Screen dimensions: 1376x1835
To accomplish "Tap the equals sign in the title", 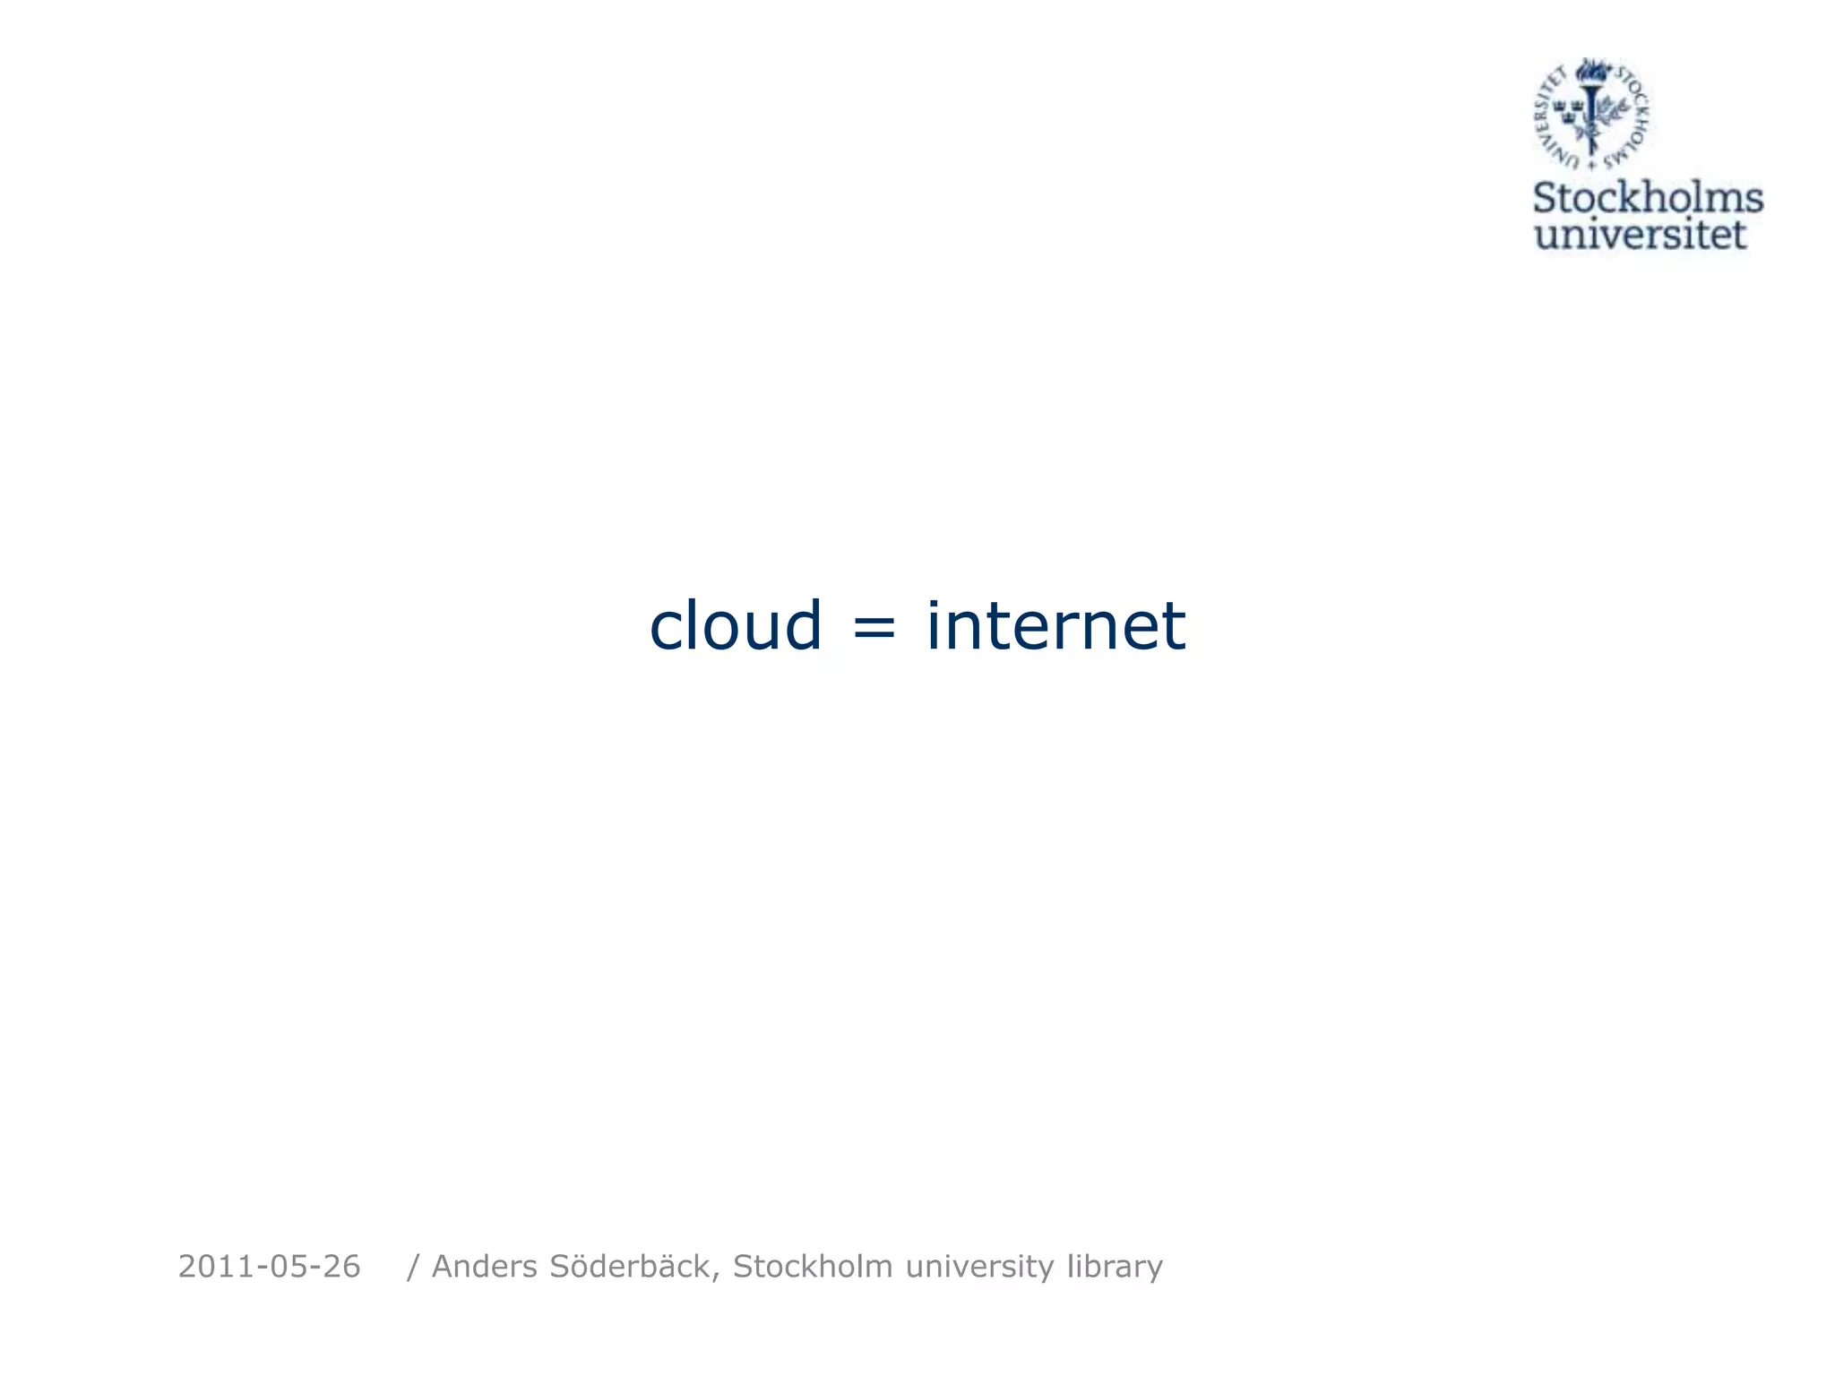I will point(874,626).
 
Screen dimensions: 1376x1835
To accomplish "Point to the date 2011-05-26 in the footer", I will point(269,1267).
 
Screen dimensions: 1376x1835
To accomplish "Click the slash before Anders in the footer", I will point(413,1268).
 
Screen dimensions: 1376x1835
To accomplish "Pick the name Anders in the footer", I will point(485,1267).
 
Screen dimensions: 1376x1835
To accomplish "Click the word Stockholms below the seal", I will point(1648,198).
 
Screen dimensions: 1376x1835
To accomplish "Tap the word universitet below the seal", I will point(1641,235).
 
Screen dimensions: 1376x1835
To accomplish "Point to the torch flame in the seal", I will point(1592,70).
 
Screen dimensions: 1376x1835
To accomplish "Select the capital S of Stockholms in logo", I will point(1547,198).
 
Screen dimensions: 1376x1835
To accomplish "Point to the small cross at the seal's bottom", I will point(1591,166).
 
